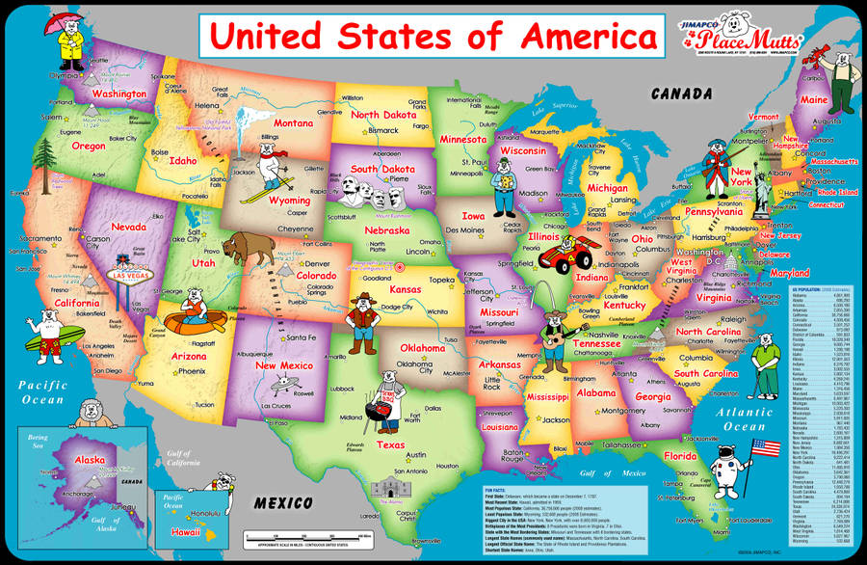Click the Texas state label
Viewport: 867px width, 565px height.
point(391,444)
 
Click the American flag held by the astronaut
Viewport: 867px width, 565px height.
point(764,448)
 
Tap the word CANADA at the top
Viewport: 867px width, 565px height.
point(682,94)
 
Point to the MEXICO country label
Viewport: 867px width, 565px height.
point(282,503)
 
